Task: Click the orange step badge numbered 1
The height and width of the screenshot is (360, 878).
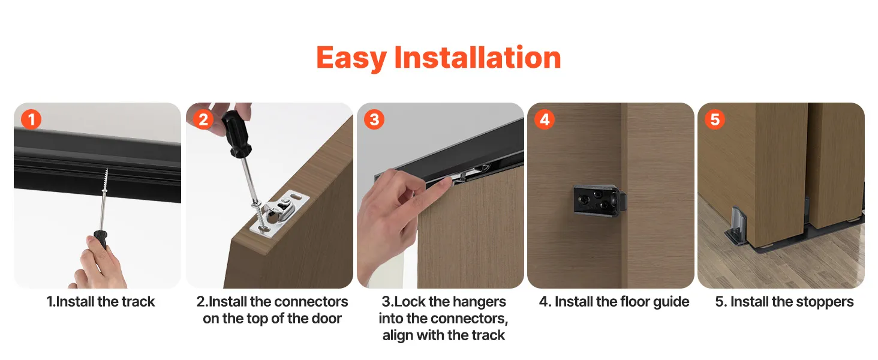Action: click(31, 119)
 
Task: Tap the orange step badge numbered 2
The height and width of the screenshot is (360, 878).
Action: click(203, 119)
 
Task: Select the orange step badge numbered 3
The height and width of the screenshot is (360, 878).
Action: click(374, 119)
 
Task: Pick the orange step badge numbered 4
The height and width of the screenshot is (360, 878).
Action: click(545, 119)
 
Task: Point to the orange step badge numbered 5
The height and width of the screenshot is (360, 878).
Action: click(715, 119)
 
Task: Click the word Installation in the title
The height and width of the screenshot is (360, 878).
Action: click(477, 57)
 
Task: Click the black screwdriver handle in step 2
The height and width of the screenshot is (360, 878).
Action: click(236, 133)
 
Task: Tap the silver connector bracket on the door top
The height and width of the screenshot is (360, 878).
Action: click(278, 212)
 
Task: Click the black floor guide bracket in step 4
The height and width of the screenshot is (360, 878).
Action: click(600, 201)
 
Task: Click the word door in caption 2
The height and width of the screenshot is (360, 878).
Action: click(327, 319)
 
